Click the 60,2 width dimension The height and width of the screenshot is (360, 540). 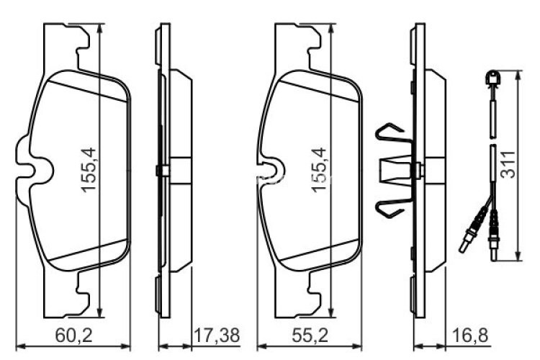pyautogui.click(x=73, y=335)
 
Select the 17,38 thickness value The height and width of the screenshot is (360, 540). pyautogui.click(x=217, y=335)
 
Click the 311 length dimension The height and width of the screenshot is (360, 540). pyautogui.click(x=529, y=165)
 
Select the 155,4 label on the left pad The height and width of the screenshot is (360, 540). pyautogui.click(x=89, y=170)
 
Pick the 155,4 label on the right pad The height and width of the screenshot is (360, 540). pyautogui.click(x=319, y=170)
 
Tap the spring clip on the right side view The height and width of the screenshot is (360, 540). pyautogui.click(x=393, y=170)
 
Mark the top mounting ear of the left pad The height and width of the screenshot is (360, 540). pyautogui.click(x=79, y=43)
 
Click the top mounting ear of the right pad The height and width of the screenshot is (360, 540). pyautogui.click(x=310, y=43)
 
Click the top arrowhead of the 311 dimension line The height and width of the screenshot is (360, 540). pyautogui.click(x=520, y=74)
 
